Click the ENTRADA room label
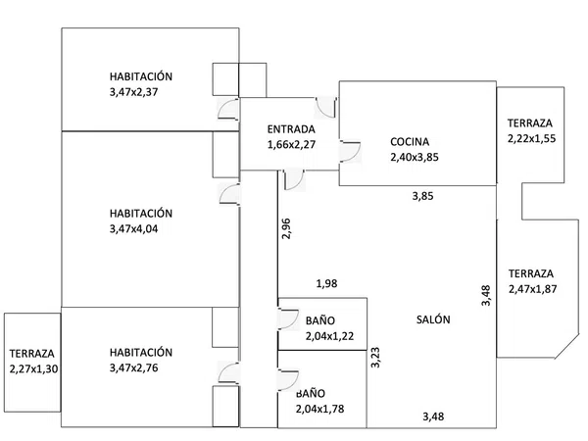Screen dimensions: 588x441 (x=291, y=129)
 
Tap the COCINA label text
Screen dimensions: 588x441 (x=410, y=142)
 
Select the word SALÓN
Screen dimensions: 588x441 (x=433, y=319)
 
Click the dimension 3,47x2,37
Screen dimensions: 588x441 (x=133, y=92)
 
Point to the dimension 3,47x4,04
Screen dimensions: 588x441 (x=133, y=228)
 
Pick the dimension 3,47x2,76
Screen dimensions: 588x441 (x=133, y=367)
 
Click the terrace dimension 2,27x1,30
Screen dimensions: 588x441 (x=33, y=369)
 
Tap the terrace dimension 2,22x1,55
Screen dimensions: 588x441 (x=532, y=139)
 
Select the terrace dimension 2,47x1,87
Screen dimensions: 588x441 (x=532, y=289)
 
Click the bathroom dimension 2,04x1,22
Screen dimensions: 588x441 (x=329, y=336)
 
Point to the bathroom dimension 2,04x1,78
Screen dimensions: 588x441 (x=319, y=409)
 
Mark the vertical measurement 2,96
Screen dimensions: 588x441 (x=286, y=228)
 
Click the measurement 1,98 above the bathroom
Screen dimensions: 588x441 (x=326, y=283)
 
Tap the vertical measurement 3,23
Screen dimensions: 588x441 (x=375, y=358)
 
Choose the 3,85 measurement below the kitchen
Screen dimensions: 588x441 (x=422, y=196)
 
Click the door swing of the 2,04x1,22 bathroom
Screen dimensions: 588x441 (x=288, y=319)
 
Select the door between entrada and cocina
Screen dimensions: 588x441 (x=350, y=152)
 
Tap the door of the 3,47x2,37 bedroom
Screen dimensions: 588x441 (x=228, y=109)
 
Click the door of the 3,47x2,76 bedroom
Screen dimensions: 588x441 (x=228, y=373)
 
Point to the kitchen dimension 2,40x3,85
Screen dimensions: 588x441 (x=415, y=157)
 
